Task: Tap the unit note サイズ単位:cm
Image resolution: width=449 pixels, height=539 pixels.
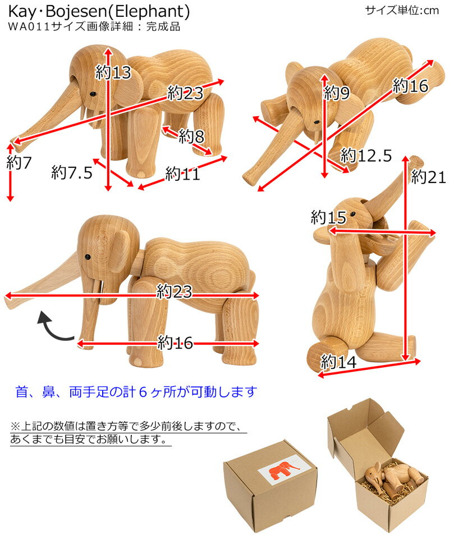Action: click(x=402, y=10)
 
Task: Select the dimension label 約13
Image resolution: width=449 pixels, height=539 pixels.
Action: click(x=113, y=72)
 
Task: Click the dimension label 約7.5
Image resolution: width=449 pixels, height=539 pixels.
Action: click(x=71, y=172)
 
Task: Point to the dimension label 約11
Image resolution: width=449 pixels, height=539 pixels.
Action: click(x=182, y=175)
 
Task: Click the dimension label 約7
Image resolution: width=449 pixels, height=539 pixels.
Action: click(x=20, y=163)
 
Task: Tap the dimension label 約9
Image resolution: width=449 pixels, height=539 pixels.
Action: click(x=337, y=93)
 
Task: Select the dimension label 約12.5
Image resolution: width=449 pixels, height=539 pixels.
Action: click(x=366, y=155)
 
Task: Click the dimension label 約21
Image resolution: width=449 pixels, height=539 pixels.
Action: click(x=428, y=177)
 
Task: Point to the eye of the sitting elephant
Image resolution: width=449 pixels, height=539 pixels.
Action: click(x=354, y=214)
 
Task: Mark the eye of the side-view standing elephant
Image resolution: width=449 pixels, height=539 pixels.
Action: click(x=88, y=257)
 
